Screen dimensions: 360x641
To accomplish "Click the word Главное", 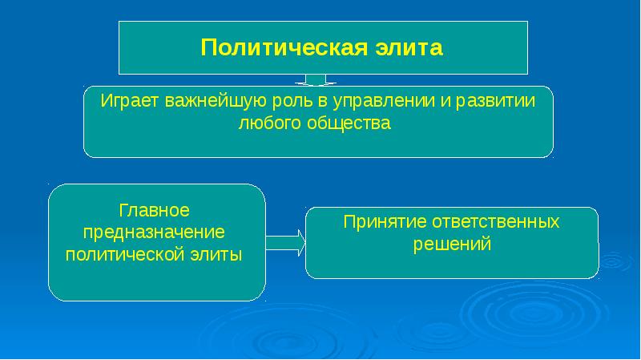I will tap(154, 211).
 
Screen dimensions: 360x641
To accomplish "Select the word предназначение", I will tap(154, 232).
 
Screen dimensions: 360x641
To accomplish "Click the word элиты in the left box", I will tap(220, 253).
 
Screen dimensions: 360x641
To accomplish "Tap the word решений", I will tap(451, 244).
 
